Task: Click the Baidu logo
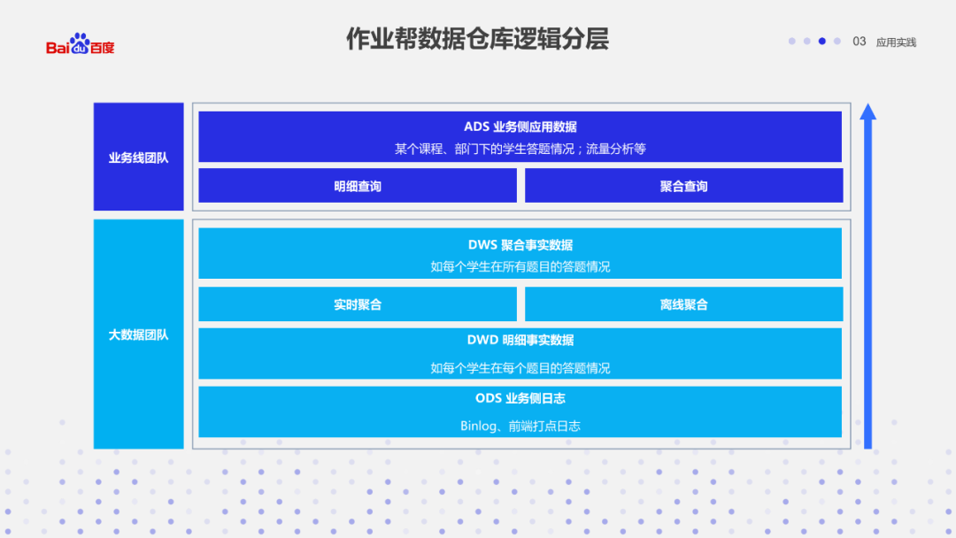[81, 44]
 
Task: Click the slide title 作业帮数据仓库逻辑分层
[477, 40]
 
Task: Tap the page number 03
[859, 42]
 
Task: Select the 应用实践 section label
[896, 42]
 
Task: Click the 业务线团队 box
[139, 158]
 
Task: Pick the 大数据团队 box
[139, 335]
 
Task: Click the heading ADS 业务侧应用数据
[520, 127]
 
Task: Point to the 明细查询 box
[358, 187]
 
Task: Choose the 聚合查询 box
[683, 187]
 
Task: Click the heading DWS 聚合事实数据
[520, 245]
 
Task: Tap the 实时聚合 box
[358, 304]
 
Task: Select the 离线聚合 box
[683, 304]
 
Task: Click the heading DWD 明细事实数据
[520, 340]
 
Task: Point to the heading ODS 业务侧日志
[520, 399]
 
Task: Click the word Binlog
[479, 426]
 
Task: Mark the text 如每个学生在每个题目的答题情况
[520, 368]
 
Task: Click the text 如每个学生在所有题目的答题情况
[520, 266]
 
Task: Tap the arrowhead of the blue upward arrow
[867, 111]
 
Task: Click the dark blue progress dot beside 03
[822, 41]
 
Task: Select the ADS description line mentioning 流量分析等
[520, 149]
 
